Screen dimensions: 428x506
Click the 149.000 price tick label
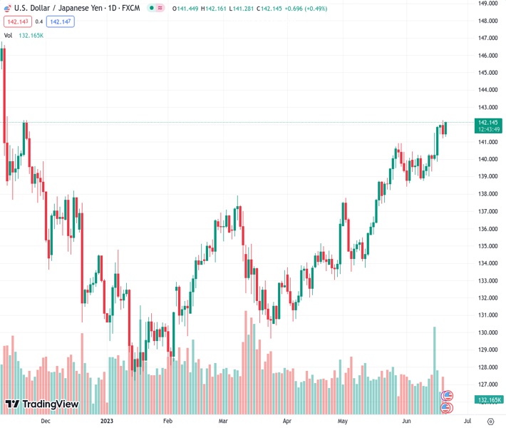(488, 4)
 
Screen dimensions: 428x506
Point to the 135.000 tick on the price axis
(488, 246)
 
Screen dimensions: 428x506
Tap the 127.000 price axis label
(488, 384)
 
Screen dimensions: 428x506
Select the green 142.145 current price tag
(489, 122)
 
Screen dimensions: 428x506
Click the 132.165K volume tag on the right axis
(490, 399)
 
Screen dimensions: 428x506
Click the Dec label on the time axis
(46, 421)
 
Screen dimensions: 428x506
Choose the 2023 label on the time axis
(107, 421)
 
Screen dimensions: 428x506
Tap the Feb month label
(167, 421)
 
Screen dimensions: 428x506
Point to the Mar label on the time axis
(223, 421)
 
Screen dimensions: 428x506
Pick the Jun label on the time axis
(407, 421)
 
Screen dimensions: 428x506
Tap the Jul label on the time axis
(468, 421)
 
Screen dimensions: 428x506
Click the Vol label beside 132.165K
(9, 35)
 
